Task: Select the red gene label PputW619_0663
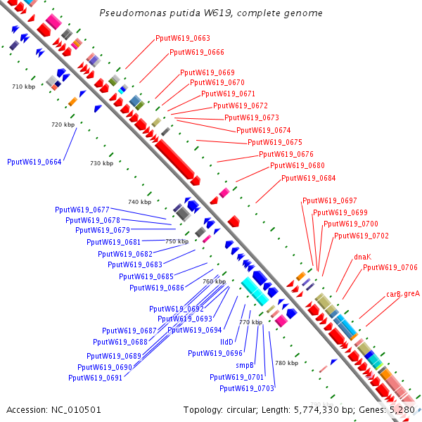coord(182,39)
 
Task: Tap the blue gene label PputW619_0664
coord(34,162)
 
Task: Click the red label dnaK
coord(362,257)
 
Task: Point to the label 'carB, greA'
coord(403,294)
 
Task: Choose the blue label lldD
coord(226,342)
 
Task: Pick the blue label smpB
coord(245,365)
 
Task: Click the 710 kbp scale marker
coord(24,87)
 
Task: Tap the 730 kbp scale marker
coord(101,163)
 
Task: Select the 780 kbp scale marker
coord(286,363)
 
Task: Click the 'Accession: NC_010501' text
coord(54,409)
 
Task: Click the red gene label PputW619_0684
coord(309,178)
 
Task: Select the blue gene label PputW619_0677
coord(82,210)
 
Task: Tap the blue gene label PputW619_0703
coord(246,388)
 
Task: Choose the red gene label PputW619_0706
coord(390,267)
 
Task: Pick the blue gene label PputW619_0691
coord(96,378)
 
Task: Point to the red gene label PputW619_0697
coord(329,200)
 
